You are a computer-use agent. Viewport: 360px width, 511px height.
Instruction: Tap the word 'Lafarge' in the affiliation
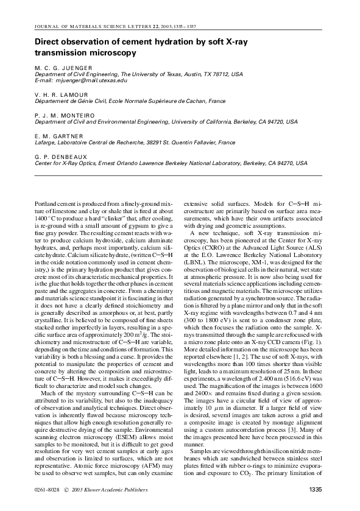tap(45, 142)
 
